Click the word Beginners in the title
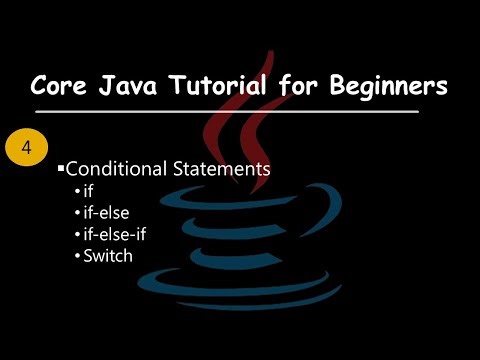391,87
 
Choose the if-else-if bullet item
112,234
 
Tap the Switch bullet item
107,255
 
